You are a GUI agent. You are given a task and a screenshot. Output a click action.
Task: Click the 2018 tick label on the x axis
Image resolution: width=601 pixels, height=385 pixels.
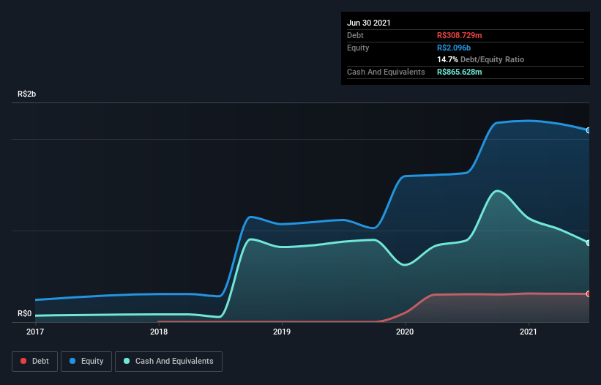(158, 332)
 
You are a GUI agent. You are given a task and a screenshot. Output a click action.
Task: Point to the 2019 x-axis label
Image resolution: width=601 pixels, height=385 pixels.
(282, 332)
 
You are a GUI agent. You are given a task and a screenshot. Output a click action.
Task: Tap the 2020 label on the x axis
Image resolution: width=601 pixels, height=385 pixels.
(405, 332)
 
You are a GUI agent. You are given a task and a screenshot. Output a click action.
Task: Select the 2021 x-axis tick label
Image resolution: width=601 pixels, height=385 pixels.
(529, 332)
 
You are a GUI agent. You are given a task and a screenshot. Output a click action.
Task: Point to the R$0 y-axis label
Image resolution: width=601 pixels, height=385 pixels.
(24, 313)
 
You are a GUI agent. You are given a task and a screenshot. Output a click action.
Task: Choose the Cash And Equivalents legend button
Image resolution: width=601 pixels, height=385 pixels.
(168, 361)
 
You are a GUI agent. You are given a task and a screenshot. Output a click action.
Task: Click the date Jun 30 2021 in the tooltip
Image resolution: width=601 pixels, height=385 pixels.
(369, 23)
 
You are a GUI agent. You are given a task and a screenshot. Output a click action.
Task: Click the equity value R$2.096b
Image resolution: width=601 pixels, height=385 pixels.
(454, 48)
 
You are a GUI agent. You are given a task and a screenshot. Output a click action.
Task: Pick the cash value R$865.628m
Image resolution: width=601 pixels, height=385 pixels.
(464, 72)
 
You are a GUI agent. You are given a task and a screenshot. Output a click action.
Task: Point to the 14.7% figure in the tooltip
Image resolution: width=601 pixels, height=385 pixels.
(447, 59)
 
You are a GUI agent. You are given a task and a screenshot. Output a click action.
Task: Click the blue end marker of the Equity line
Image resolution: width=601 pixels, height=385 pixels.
(589, 130)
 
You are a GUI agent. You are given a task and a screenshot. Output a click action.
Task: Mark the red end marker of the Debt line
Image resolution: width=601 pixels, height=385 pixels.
(589, 294)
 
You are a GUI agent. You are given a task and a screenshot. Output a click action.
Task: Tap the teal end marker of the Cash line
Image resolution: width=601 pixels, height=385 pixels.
(589, 243)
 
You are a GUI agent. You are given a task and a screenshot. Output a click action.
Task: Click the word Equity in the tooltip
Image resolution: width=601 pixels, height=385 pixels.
(358, 48)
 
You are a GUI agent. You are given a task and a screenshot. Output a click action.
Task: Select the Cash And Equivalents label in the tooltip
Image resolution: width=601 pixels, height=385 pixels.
(386, 72)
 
